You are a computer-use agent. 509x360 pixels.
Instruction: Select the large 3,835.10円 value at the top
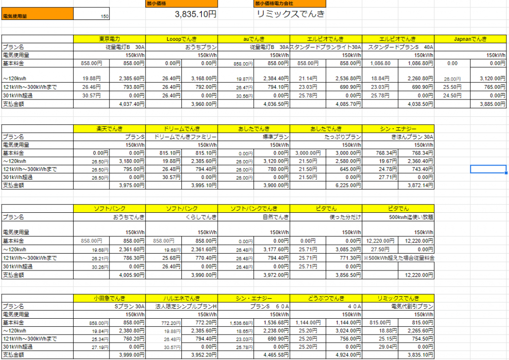click(x=195, y=14)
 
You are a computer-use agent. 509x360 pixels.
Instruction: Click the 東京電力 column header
click(x=109, y=39)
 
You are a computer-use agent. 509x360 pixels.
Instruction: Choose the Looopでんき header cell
click(x=181, y=39)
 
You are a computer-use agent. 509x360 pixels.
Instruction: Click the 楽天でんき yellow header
click(x=109, y=129)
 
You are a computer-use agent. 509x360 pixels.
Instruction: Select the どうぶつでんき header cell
click(x=326, y=298)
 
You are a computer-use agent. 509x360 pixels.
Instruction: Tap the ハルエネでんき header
click(x=181, y=298)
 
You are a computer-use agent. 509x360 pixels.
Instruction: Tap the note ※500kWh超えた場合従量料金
click(x=399, y=258)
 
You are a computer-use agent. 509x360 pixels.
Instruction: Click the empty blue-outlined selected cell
click(x=488, y=169)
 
